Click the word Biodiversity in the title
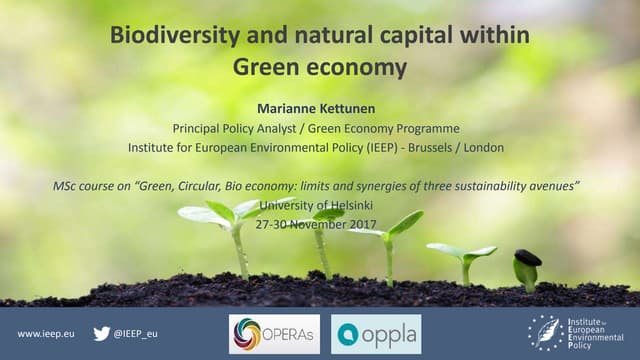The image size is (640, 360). tap(161, 38)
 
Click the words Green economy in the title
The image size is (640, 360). tap(320, 68)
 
